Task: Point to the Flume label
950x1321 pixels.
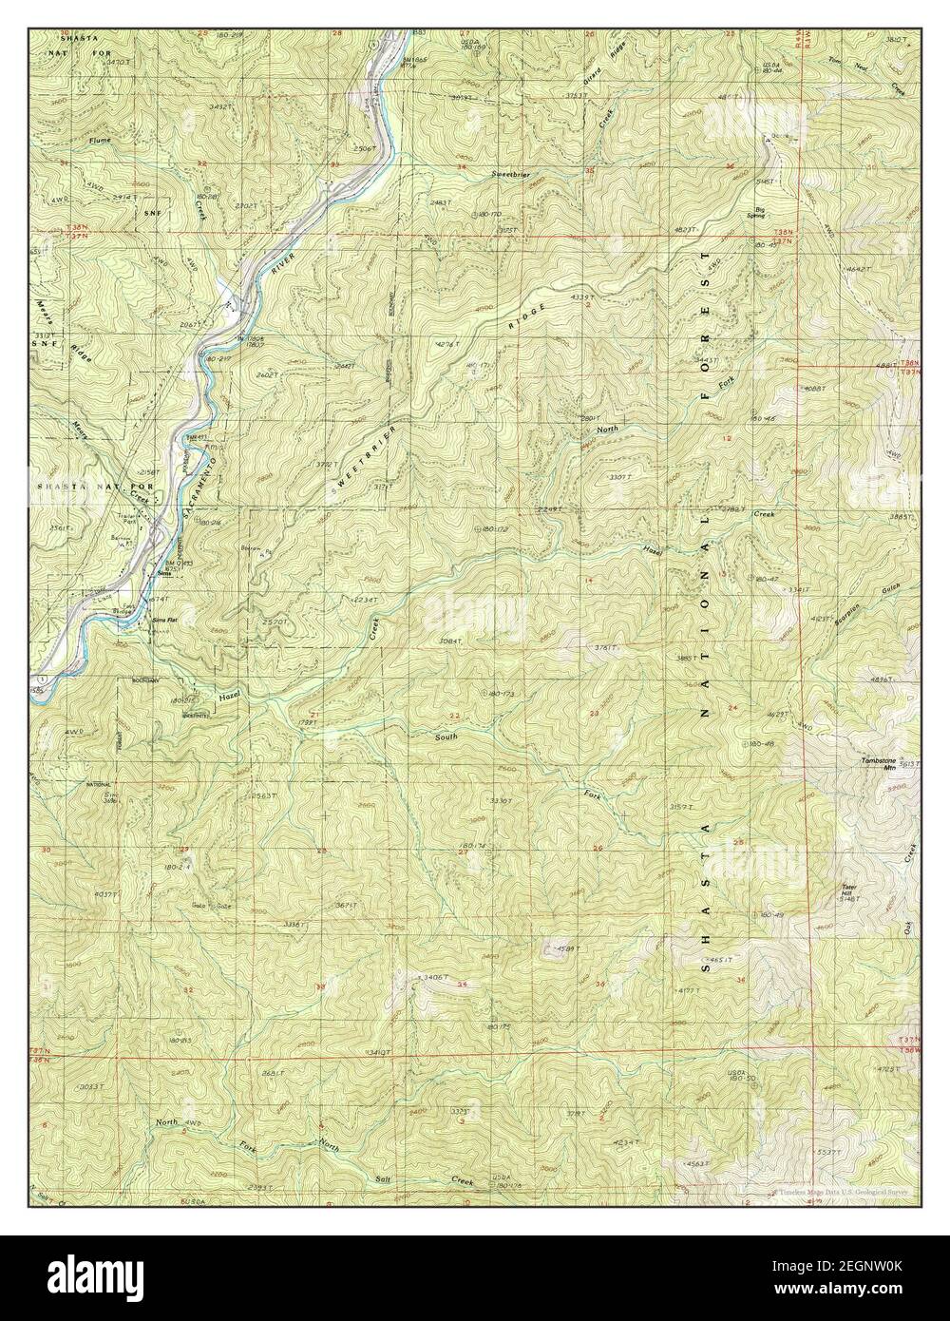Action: click(x=99, y=140)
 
